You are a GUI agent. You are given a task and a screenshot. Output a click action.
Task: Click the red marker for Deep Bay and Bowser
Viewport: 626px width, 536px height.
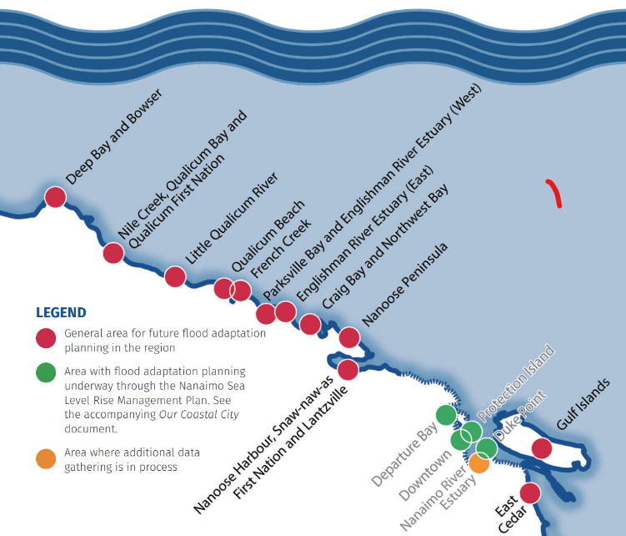click(55, 197)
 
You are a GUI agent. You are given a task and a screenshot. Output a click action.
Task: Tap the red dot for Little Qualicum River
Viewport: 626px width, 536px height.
click(175, 276)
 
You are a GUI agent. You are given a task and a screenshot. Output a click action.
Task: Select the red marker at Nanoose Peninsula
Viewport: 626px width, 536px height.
click(349, 337)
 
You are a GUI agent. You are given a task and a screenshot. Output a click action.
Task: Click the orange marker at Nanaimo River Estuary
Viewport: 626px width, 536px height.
click(479, 463)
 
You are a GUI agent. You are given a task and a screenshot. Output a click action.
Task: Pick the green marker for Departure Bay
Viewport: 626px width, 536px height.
click(446, 414)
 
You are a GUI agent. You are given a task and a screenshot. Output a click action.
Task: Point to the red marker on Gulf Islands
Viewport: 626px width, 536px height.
click(542, 448)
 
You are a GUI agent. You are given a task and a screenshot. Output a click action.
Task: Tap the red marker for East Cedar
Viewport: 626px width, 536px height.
click(530, 493)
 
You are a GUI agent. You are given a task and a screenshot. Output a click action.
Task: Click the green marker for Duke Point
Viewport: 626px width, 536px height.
click(487, 448)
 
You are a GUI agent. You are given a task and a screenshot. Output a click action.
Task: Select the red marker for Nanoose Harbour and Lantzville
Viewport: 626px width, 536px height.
click(348, 369)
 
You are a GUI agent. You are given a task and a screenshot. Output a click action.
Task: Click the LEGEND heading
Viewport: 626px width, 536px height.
click(61, 313)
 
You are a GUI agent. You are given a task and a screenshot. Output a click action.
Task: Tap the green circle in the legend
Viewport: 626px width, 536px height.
click(47, 372)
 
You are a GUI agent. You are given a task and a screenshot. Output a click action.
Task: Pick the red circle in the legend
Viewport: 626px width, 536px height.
click(47, 338)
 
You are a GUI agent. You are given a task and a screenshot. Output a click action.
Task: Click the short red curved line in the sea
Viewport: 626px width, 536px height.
click(554, 192)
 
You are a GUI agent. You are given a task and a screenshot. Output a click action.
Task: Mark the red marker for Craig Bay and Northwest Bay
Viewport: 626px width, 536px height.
click(310, 324)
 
